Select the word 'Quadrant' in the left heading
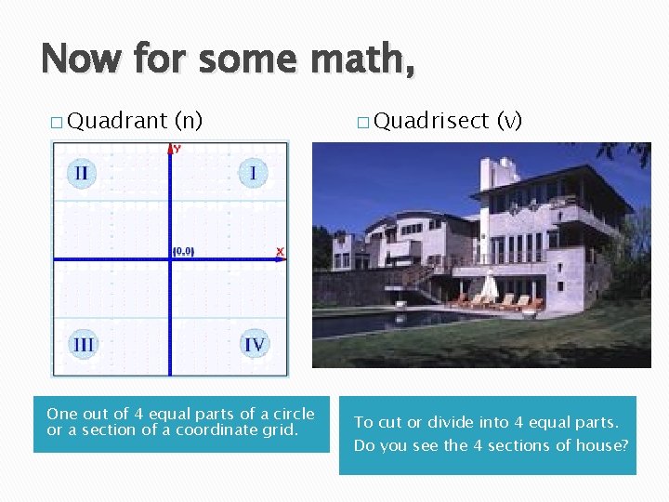(x=117, y=120)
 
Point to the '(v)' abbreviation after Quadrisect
(x=510, y=120)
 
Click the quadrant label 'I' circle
(x=253, y=173)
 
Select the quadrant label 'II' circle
(x=83, y=173)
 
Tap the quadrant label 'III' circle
(x=83, y=345)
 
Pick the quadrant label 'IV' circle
(x=254, y=345)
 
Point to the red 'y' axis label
(x=177, y=149)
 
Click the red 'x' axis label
(x=279, y=252)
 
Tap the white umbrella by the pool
(x=489, y=284)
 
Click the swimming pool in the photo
(x=390, y=322)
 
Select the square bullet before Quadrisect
(x=361, y=122)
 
